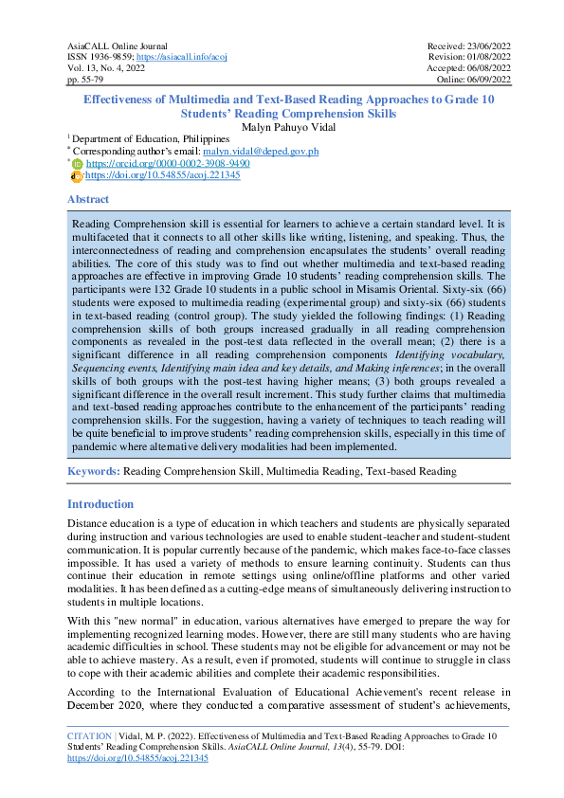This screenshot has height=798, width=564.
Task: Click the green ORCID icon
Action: [78, 163]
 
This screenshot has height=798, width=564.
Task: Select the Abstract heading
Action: [88, 200]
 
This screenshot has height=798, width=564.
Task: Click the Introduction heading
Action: [100, 504]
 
